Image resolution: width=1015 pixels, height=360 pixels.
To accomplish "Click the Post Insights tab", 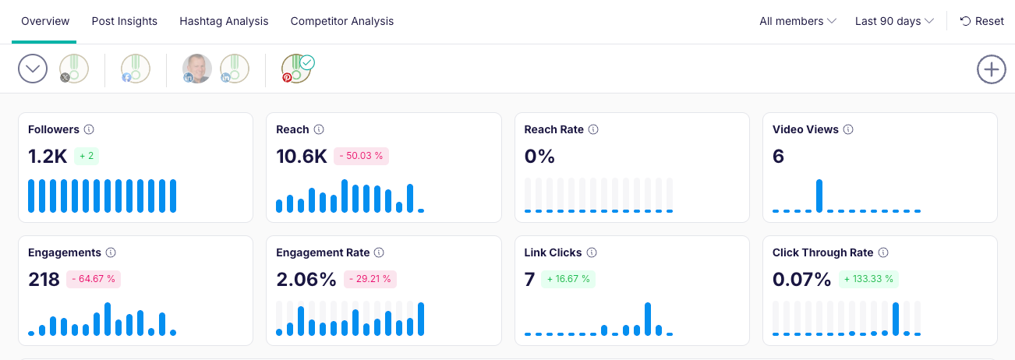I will pos(124,21).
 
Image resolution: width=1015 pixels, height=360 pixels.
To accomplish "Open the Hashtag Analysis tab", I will pos(224,21).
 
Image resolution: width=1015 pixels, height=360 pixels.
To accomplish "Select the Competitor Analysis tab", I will pos(341,21).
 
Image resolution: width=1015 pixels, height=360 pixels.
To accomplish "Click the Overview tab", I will pos(45,21).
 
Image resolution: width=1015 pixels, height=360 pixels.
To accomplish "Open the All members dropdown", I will pos(797,21).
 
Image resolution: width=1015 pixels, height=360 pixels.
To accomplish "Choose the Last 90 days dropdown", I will pos(894,21).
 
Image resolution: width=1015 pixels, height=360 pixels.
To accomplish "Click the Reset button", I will pos(981,21).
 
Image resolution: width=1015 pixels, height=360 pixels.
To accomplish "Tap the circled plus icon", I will pos(991,69).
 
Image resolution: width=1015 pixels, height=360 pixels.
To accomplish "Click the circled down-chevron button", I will pos(33,69).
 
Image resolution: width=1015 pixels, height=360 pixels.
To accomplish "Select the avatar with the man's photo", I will pos(197,69).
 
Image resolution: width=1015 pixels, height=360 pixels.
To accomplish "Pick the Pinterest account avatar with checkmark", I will pos(296,69).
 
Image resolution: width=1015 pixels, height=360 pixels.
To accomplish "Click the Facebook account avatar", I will pos(136,69).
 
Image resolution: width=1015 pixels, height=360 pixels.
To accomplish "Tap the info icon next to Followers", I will pos(89,129).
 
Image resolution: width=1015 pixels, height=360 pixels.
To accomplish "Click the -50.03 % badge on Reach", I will pos(361,156).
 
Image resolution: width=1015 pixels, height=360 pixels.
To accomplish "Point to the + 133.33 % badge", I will pos(868,279).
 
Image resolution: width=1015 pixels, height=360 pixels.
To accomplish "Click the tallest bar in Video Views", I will pos(819,196).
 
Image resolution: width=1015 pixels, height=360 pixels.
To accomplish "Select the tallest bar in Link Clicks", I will pos(648,319).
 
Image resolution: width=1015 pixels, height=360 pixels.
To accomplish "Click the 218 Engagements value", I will pos(44,279).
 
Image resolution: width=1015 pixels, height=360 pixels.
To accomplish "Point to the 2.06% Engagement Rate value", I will pos(306,279).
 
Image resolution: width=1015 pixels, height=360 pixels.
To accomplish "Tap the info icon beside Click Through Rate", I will pos(882,252).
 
